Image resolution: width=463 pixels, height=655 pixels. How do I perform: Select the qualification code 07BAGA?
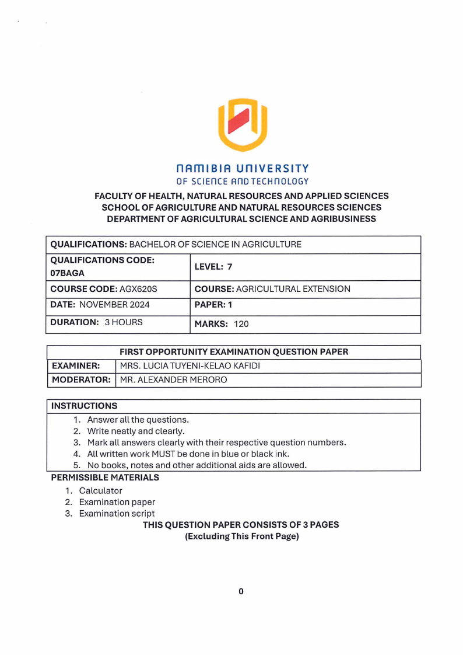(x=68, y=273)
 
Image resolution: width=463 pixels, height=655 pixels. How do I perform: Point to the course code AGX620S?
(x=138, y=289)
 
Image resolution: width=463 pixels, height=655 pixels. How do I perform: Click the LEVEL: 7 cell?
(x=213, y=267)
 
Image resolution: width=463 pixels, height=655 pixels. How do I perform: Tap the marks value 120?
(x=241, y=324)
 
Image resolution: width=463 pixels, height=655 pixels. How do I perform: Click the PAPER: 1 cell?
(x=213, y=304)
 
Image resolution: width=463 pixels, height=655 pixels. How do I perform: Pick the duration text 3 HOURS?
(x=124, y=322)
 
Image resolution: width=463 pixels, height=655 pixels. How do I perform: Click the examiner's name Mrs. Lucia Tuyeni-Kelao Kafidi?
(x=190, y=366)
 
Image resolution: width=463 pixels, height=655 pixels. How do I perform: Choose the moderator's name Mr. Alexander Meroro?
(x=173, y=380)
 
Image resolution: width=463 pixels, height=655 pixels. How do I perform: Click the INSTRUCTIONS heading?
(x=84, y=406)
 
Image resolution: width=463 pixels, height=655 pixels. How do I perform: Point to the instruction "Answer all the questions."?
(x=138, y=420)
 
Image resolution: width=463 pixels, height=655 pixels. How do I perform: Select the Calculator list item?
(x=101, y=490)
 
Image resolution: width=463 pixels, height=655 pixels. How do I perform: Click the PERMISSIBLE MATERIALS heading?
(x=105, y=478)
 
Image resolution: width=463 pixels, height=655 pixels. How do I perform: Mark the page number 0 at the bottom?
(x=241, y=591)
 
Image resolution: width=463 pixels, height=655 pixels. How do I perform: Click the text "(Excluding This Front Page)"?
(x=241, y=536)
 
